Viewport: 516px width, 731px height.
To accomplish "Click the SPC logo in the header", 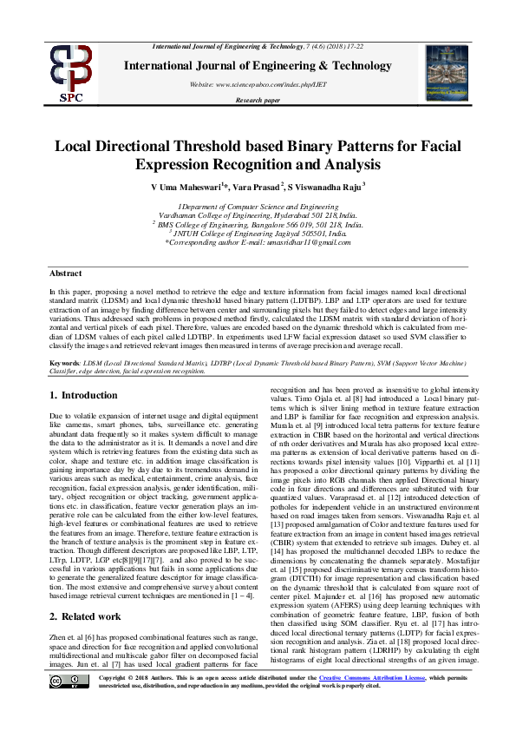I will [71, 72].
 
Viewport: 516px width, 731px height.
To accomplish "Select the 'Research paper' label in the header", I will [258, 101].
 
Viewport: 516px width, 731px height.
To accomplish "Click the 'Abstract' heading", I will [65, 273].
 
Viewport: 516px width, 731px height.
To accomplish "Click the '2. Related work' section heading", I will [86, 591].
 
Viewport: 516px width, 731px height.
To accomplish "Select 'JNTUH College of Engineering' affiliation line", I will [258, 232].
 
